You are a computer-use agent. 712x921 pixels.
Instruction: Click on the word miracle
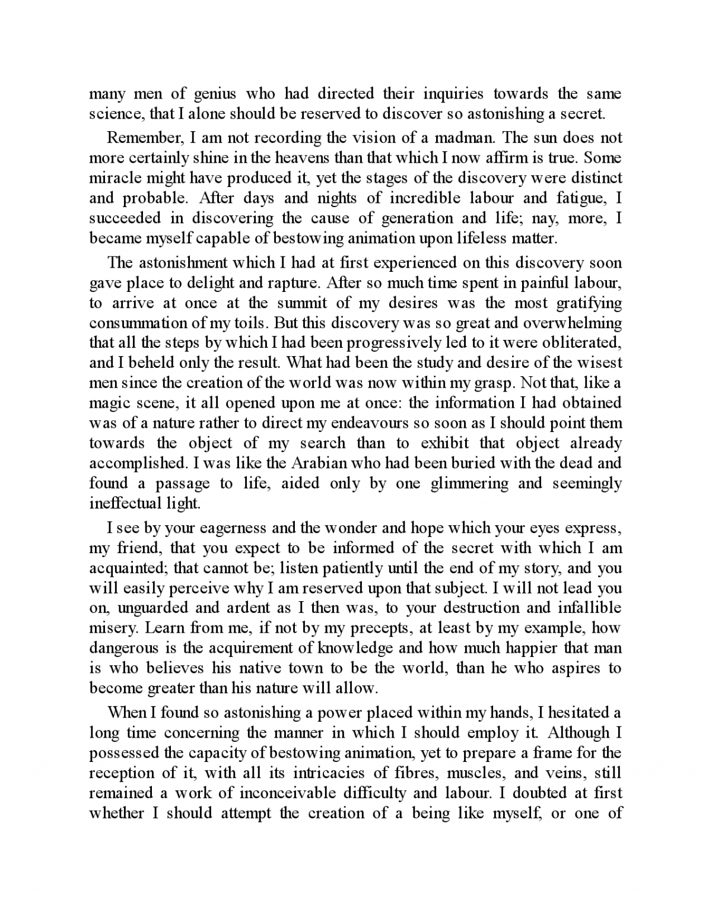pyautogui.click(x=111, y=178)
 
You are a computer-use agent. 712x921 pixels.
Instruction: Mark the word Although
pyautogui.click(x=582, y=732)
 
